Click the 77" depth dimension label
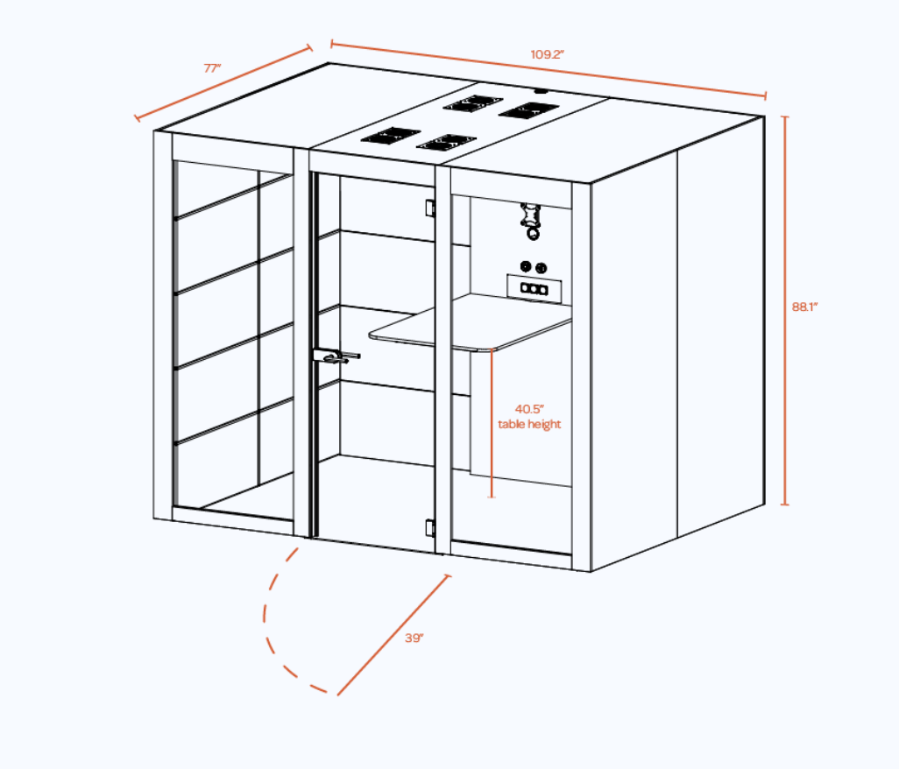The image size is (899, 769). click(x=212, y=68)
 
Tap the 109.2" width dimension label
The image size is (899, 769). click(x=547, y=54)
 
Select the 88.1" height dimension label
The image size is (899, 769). click(x=804, y=307)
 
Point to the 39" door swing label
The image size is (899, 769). click(x=414, y=638)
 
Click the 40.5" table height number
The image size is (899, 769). click(x=529, y=409)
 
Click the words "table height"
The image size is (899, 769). click(x=529, y=424)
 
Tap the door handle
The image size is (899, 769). click(x=336, y=356)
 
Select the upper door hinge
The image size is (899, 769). click(x=430, y=208)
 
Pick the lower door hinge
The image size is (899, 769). click(x=430, y=528)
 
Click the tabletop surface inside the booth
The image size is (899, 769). click(x=471, y=324)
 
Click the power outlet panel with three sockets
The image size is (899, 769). click(x=534, y=288)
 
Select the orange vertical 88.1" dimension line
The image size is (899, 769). click(x=785, y=311)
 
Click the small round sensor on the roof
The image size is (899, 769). click(x=541, y=90)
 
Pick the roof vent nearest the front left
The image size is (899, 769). click(x=391, y=136)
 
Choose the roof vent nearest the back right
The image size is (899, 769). click(x=528, y=110)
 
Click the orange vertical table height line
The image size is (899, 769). click(x=492, y=423)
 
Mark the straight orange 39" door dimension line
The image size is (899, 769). click(x=393, y=635)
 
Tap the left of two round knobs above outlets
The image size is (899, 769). click(x=525, y=266)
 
